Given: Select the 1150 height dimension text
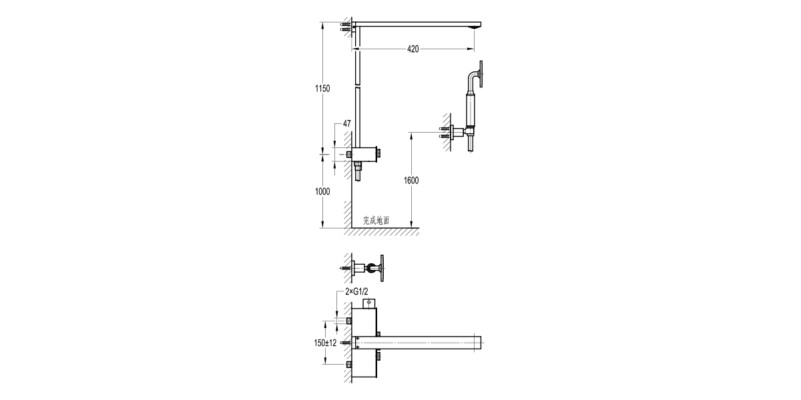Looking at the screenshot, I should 322,89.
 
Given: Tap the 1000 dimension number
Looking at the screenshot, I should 322,191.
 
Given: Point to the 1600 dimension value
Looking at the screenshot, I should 411,181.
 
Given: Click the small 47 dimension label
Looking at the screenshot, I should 346,124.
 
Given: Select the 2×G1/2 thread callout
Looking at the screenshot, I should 356,293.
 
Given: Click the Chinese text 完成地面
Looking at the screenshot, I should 376,220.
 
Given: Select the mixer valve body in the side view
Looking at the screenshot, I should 364,153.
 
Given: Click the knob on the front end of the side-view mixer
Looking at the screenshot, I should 380,153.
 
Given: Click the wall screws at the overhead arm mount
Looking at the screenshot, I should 346,26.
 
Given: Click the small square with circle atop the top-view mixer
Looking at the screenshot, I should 369,303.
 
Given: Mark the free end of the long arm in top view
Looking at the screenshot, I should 478,342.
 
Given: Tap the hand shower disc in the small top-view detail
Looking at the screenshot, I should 382,267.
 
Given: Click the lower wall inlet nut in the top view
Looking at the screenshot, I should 349,365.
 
